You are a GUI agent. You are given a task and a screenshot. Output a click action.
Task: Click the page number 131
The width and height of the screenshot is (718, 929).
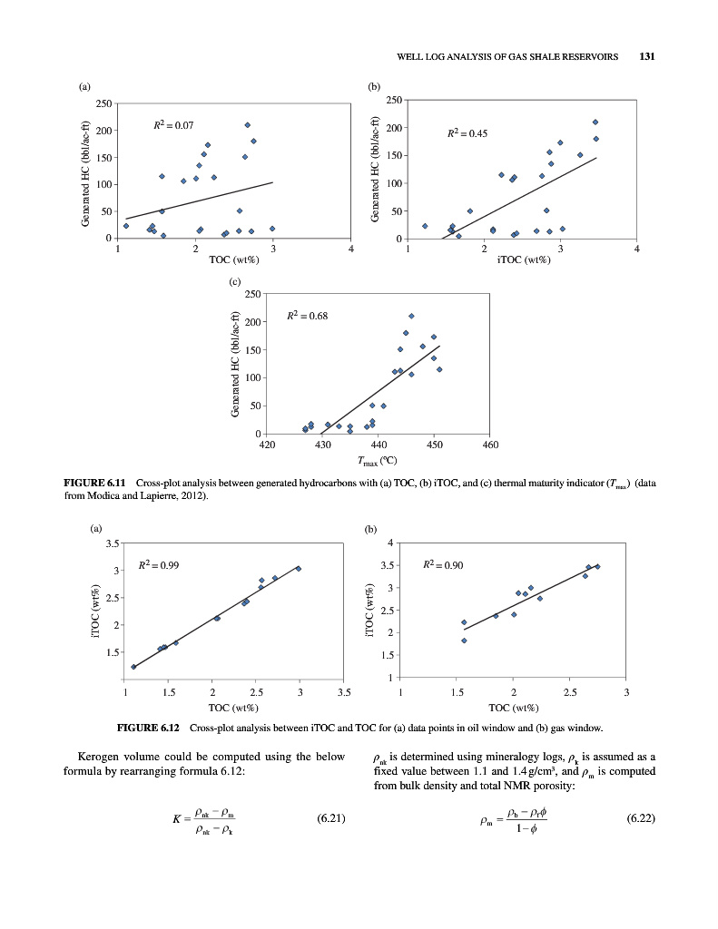pyautogui.click(x=647, y=56)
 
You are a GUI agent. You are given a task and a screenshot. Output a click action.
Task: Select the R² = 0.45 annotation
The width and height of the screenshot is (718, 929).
pyautogui.click(x=468, y=133)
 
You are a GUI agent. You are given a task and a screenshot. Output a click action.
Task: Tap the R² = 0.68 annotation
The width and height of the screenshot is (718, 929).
pyautogui.click(x=306, y=315)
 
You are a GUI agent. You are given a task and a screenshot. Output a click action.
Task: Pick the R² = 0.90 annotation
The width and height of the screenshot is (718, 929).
pyautogui.click(x=444, y=565)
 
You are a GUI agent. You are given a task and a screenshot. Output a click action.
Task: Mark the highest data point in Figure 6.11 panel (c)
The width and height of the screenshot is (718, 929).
pyautogui.click(x=411, y=316)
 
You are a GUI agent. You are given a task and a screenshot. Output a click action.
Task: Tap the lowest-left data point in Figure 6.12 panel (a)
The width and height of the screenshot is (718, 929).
pyautogui.click(x=133, y=667)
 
